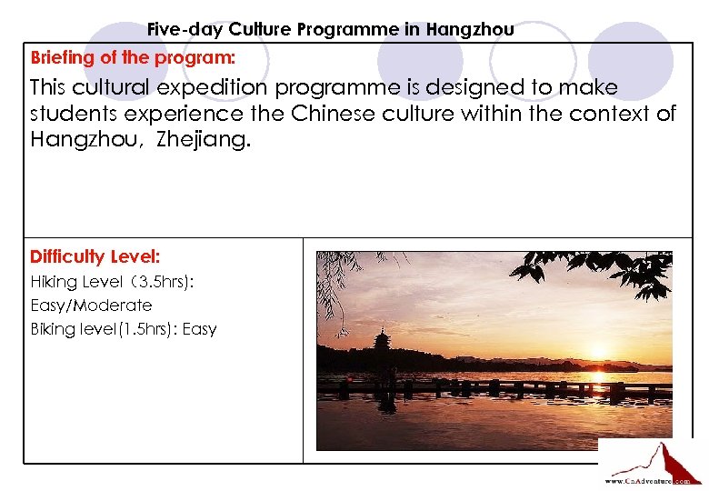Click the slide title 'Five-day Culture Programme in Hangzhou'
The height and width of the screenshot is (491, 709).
[330, 29]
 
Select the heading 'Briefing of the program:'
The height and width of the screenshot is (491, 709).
[133, 58]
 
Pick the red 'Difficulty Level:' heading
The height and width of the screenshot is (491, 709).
[95, 257]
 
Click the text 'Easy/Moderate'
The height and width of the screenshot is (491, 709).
[91, 306]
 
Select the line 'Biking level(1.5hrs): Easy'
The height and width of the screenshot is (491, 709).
[124, 329]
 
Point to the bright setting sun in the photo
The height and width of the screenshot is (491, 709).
[597, 376]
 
